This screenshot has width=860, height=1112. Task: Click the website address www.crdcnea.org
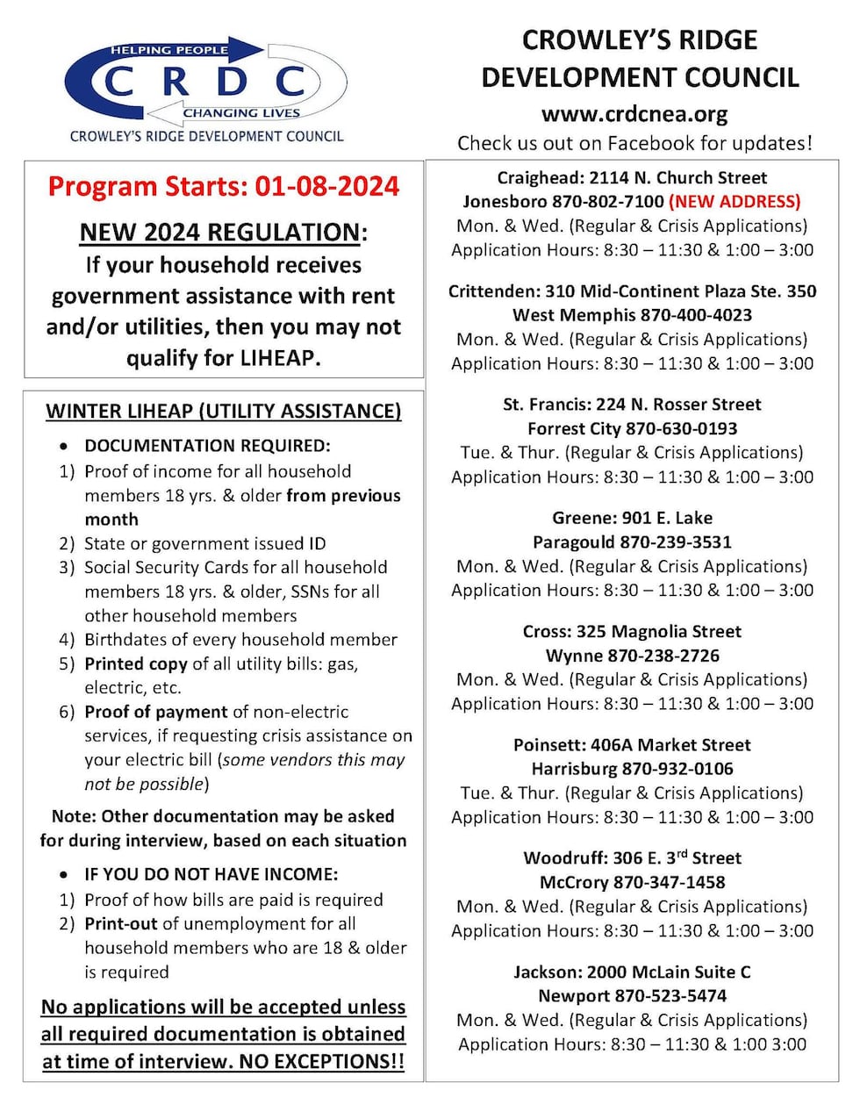pyautogui.click(x=634, y=114)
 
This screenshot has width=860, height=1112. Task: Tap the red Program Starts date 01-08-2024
pyautogui.click(x=326, y=187)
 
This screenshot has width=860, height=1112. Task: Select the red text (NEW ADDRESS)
pyautogui.click(x=735, y=202)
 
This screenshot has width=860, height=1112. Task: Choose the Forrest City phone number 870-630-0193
pyautogui.click(x=681, y=429)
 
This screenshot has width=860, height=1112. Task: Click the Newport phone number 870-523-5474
pyautogui.click(x=670, y=996)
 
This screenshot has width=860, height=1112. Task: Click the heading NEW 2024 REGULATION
pyautogui.click(x=219, y=233)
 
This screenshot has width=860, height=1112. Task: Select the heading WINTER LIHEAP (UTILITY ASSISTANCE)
pyautogui.click(x=224, y=411)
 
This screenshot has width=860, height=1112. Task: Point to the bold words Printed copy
pyautogui.click(x=136, y=664)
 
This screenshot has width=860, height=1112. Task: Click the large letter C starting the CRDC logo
pyautogui.click(x=119, y=83)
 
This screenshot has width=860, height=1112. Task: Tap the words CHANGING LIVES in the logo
pyautogui.click(x=241, y=112)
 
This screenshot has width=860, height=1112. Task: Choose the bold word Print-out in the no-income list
pyautogui.click(x=121, y=924)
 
